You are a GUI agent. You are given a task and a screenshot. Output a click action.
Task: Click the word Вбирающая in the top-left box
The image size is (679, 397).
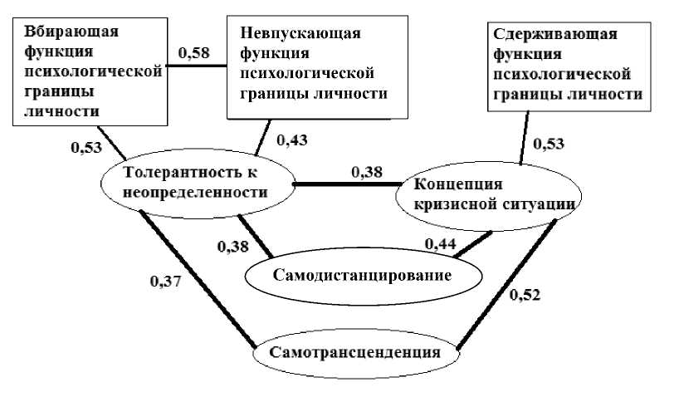pyautogui.click(x=71, y=32)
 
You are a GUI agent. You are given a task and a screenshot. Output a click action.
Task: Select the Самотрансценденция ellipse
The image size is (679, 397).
pyautogui.click(x=358, y=351)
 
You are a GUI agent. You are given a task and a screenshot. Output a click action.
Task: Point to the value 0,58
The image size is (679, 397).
pyautogui.click(x=193, y=53)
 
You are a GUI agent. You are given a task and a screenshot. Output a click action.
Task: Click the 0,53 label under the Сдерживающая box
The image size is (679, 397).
pyautogui.click(x=549, y=144)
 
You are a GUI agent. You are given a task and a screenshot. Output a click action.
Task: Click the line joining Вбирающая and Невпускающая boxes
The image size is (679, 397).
pyautogui.click(x=195, y=67)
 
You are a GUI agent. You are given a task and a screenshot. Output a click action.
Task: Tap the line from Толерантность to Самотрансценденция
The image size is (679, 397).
pyautogui.click(x=199, y=278)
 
